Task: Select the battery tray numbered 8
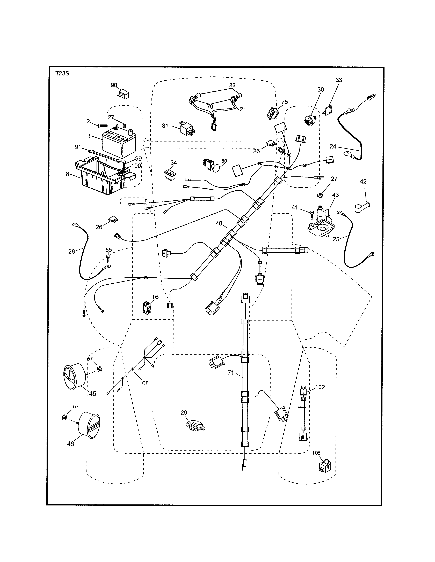[103, 178]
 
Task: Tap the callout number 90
[114, 85]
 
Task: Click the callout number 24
[333, 146]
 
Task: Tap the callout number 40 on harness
[219, 224]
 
